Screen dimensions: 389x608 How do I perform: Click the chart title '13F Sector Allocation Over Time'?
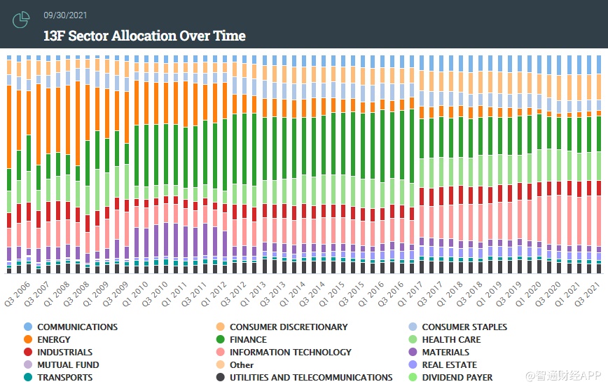point(144,36)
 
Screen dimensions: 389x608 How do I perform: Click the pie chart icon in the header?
point(21,20)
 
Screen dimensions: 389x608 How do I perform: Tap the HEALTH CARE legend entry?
point(451,340)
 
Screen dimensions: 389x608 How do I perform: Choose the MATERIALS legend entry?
point(445,353)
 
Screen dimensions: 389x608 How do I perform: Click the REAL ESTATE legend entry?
point(449,365)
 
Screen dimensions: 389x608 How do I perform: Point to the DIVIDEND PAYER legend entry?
point(457,378)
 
